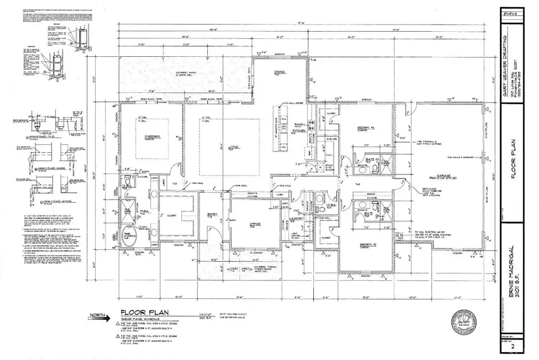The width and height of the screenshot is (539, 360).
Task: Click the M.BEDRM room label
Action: (x=142, y=135)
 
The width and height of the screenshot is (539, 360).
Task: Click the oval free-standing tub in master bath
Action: (x=129, y=234)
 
